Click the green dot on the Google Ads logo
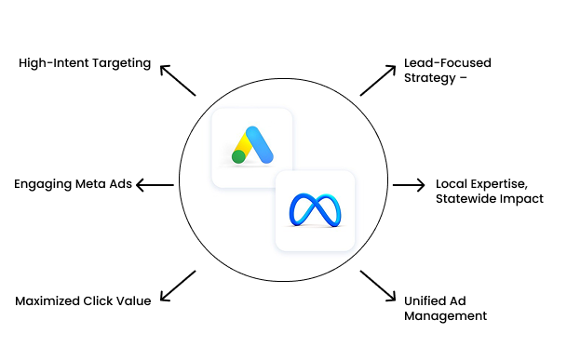238,157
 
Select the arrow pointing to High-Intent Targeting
177,81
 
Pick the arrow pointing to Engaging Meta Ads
155,185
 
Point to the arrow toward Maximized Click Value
177,286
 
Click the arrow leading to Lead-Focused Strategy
378,80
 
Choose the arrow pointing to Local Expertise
408,185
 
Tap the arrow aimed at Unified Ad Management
378,287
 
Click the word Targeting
119,63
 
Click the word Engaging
44,184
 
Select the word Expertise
492,183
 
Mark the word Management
446,316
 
